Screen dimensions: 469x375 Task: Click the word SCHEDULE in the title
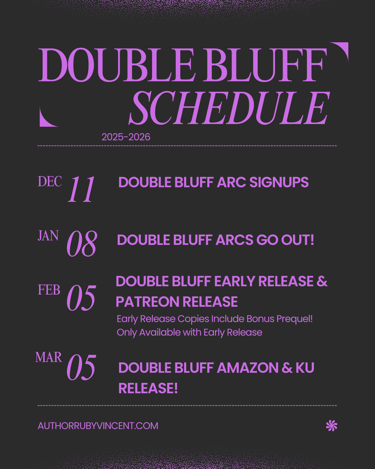(229, 108)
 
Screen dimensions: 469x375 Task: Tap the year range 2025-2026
(126, 137)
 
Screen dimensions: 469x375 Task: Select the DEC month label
(50, 182)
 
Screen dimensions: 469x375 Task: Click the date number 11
(81, 189)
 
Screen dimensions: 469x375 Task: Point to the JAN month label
(48, 236)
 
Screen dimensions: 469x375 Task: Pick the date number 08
(82, 244)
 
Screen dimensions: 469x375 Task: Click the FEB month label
(49, 290)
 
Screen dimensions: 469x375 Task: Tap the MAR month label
(49, 357)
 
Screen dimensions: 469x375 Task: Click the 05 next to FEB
(81, 298)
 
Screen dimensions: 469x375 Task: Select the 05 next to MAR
(81, 368)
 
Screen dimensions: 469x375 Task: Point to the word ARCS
(234, 240)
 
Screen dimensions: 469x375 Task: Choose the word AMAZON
(248, 368)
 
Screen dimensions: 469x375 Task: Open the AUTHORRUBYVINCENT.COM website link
(98, 426)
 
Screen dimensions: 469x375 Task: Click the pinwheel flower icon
(332, 426)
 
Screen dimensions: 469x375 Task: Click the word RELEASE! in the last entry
(148, 388)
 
